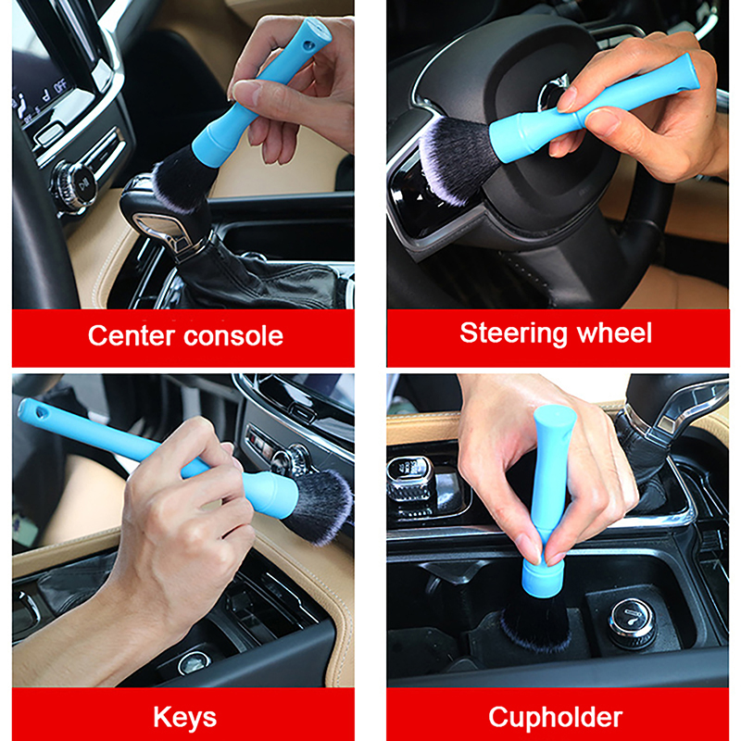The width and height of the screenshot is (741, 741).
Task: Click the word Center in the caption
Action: [132, 335]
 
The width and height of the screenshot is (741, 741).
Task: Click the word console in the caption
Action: [233, 336]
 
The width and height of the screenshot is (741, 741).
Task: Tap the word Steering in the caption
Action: [514, 333]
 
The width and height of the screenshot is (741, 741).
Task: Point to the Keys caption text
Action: [184, 718]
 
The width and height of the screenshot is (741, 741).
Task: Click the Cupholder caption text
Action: [555, 717]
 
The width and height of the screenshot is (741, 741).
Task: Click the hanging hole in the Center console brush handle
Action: [309, 45]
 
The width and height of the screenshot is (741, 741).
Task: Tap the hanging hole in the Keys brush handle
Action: [42, 412]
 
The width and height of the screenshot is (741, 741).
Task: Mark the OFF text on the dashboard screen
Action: [60, 87]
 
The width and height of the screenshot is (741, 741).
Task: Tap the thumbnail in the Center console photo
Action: [245, 91]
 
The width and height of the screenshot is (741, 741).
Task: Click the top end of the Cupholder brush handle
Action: [554, 410]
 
